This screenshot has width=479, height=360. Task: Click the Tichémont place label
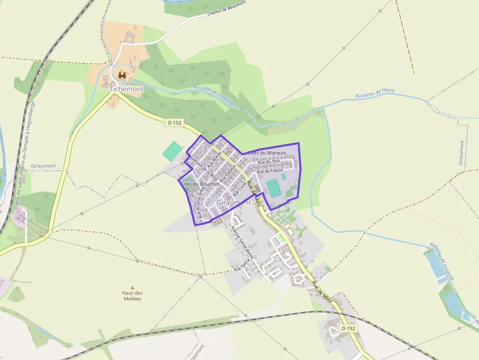pos(127,89)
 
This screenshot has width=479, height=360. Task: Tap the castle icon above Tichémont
pos(122,76)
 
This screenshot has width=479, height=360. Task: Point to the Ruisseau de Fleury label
pos(375,93)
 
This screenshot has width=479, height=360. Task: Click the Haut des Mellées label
pos(132,296)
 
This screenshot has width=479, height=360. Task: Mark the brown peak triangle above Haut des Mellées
pos(132,287)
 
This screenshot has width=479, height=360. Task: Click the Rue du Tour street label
pos(269,162)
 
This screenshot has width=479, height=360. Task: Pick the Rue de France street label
pos(270,171)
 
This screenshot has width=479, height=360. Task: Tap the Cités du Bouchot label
pos(200,184)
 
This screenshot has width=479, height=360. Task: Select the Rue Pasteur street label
pos(228,173)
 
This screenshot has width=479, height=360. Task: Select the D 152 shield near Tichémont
pos(175,123)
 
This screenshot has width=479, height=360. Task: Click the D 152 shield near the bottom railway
pos(348,328)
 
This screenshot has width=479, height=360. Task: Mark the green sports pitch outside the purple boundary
pos(172,151)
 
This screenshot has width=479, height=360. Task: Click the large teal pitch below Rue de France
pos(274,188)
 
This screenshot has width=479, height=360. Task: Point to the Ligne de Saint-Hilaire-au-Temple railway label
pos(25,156)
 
